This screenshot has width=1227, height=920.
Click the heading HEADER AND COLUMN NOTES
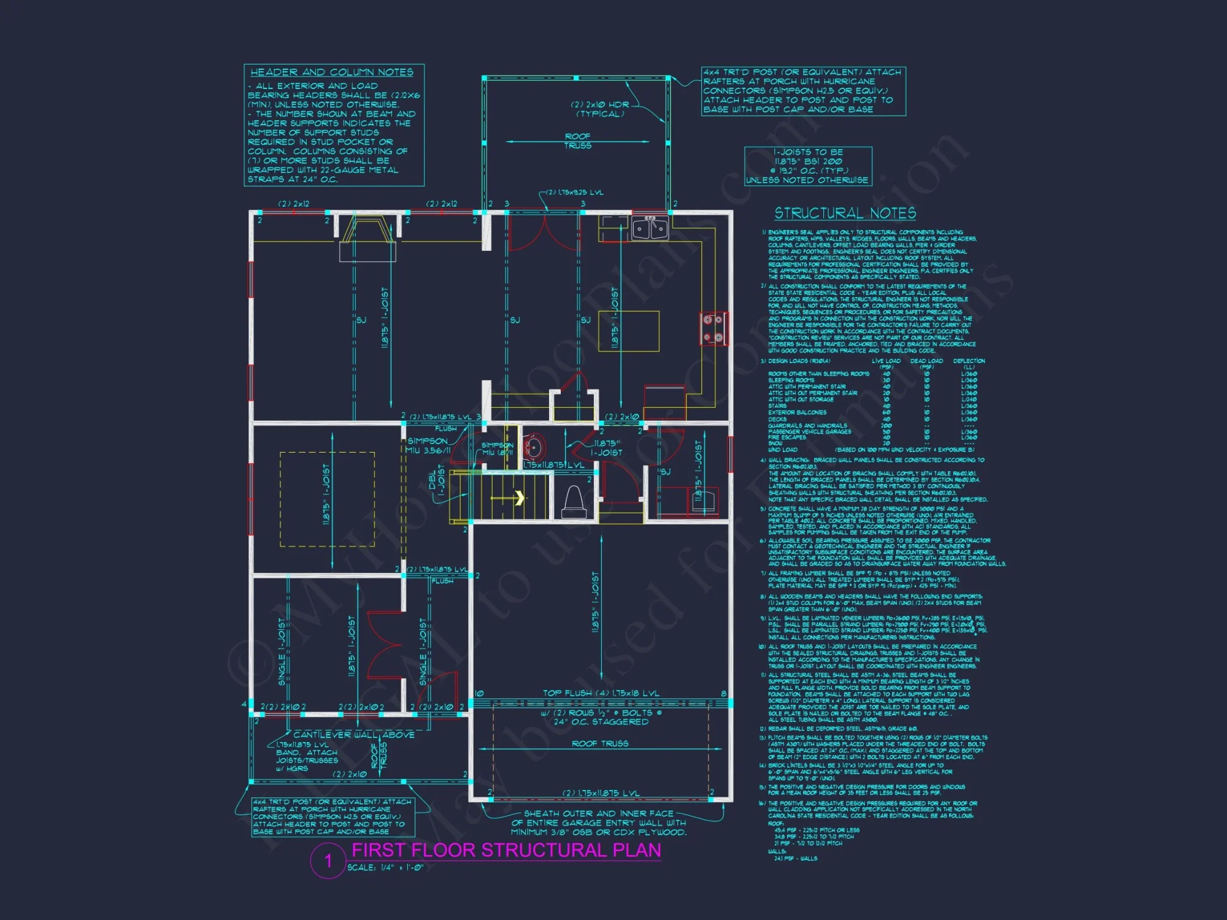[331, 72]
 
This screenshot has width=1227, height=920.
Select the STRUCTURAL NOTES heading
[845, 213]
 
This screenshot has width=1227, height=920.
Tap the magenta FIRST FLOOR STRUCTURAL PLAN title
[506, 850]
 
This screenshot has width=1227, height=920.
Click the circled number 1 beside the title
[328, 861]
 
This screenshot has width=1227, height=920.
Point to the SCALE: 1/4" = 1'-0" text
[385, 867]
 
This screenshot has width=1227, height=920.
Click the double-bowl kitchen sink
[650, 228]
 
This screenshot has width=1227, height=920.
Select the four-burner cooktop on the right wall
[713, 328]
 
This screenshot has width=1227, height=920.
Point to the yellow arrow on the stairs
[519, 497]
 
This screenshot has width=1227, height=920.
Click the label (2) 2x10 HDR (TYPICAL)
[599, 109]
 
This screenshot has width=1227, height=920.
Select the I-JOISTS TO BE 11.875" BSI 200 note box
[807, 166]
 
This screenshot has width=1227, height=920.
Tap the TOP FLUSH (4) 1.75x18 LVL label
[601, 693]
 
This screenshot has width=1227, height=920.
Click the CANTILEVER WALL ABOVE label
[354, 734]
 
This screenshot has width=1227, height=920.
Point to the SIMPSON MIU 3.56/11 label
[428, 446]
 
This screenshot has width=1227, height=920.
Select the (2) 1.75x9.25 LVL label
[575, 193]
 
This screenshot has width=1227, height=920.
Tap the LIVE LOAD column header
[886, 361]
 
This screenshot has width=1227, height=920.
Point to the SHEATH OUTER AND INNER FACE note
[599, 822]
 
